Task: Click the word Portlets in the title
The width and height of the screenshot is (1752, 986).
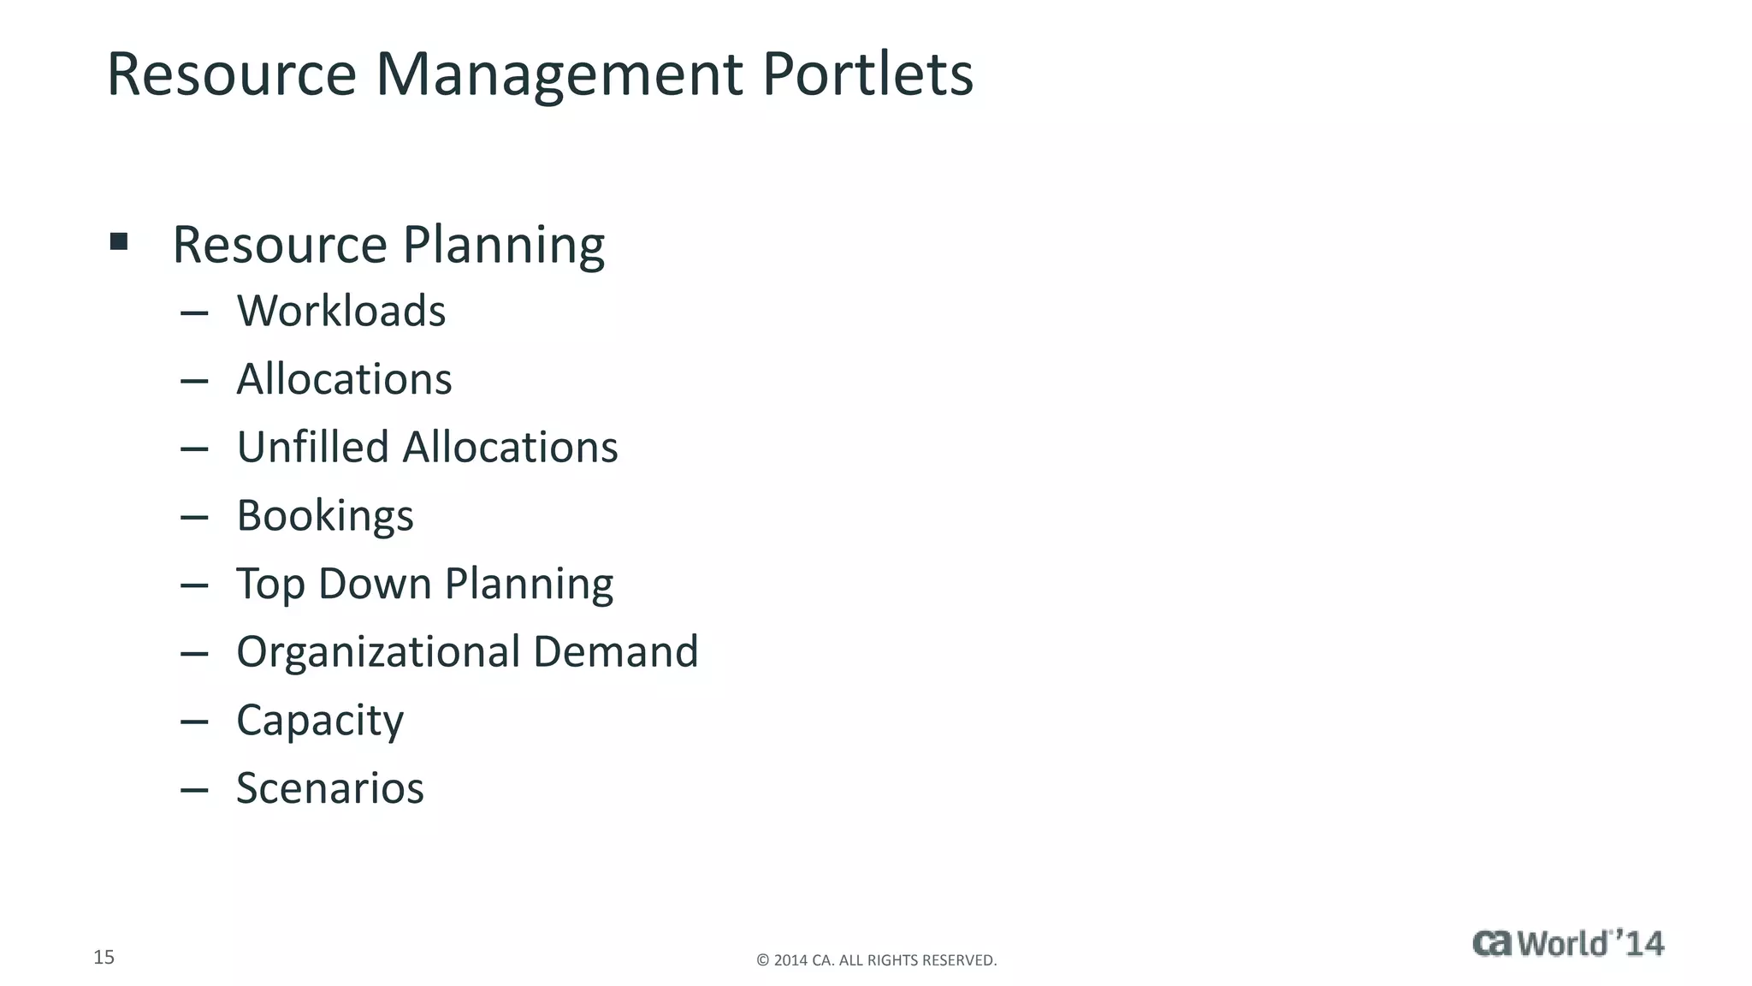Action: click(867, 74)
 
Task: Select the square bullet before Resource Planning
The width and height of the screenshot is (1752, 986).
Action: click(119, 241)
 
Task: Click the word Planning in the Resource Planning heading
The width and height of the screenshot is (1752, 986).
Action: click(503, 246)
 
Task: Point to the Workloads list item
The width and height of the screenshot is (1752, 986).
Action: click(340, 311)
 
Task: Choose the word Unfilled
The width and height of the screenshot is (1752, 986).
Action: click(312, 447)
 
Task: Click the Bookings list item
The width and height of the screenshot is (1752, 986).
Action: click(325, 516)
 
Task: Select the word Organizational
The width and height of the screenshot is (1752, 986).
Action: click(377, 651)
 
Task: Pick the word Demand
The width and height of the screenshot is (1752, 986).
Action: click(615, 651)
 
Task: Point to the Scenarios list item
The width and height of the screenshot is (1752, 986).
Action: click(329, 788)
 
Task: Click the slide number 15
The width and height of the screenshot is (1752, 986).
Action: click(104, 957)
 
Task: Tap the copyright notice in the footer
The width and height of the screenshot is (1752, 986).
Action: click(876, 960)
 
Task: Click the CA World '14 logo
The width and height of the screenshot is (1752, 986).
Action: click(1567, 943)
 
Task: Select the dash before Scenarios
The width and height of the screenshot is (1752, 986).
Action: click(195, 790)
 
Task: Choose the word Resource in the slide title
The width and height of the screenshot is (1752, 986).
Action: click(231, 74)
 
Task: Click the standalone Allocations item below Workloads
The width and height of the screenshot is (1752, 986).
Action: click(344, 379)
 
